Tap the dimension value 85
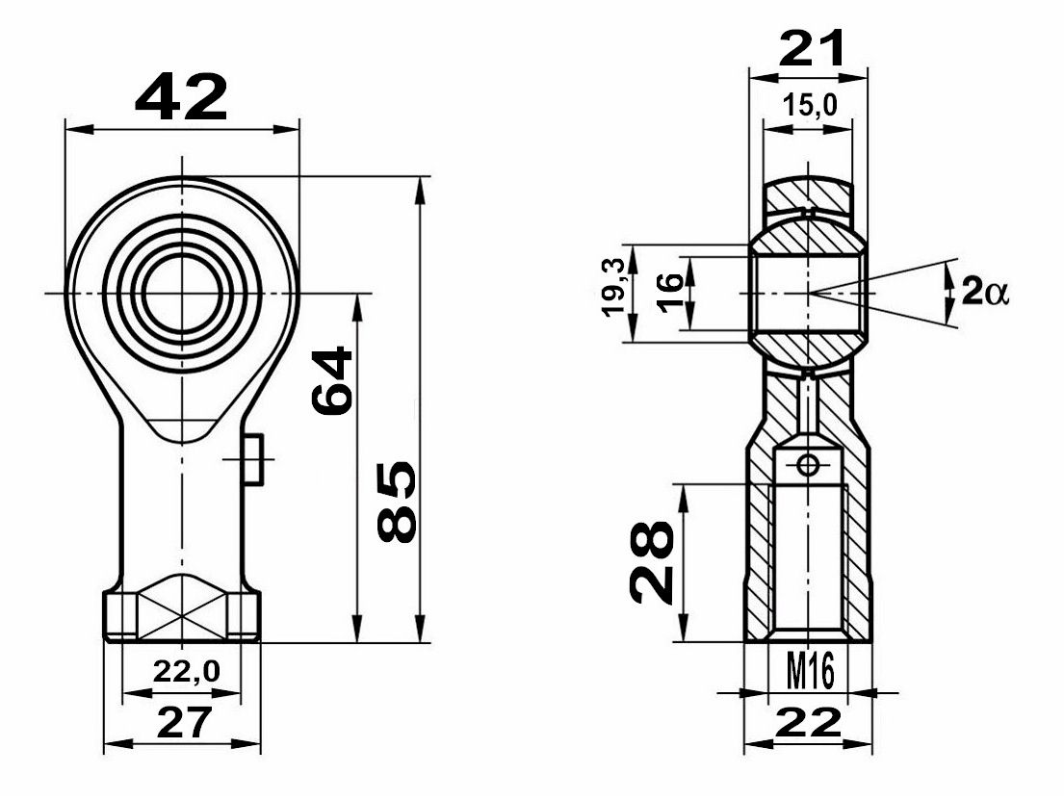pos(397,503)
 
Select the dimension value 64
pos(332,380)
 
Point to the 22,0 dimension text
pos(187,672)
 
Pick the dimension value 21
pos(812,49)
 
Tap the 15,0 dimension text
pos(810,105)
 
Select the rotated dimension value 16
pos(669,292)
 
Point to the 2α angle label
pos(985,293)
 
